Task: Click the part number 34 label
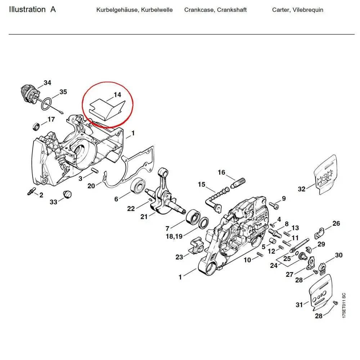[x=47, y=83]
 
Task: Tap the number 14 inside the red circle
[x=117, y=95]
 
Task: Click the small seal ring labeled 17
[x=36, y=126]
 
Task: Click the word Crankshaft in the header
[x=232, y=10]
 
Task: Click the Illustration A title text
[x=32, y=10]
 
